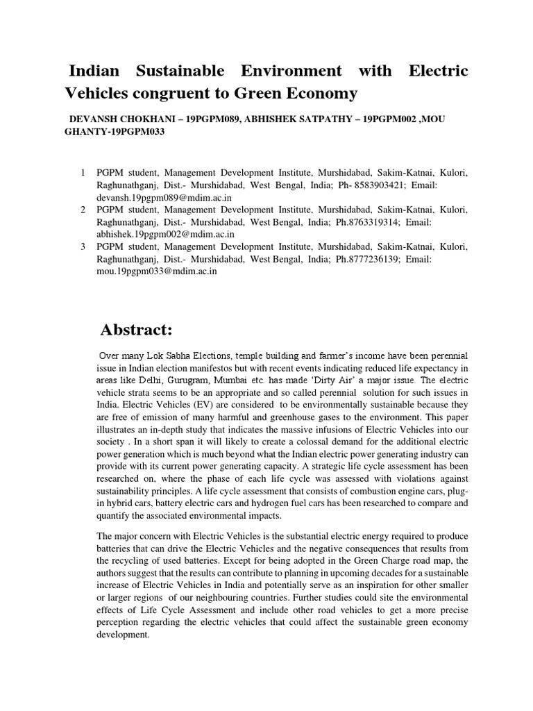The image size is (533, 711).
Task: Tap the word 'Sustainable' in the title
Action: click(177, 71)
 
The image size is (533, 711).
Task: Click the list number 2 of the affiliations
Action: click(83, 210)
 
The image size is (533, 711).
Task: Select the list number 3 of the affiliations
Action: click(83, 247)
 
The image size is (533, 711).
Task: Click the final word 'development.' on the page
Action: click(124, 634)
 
